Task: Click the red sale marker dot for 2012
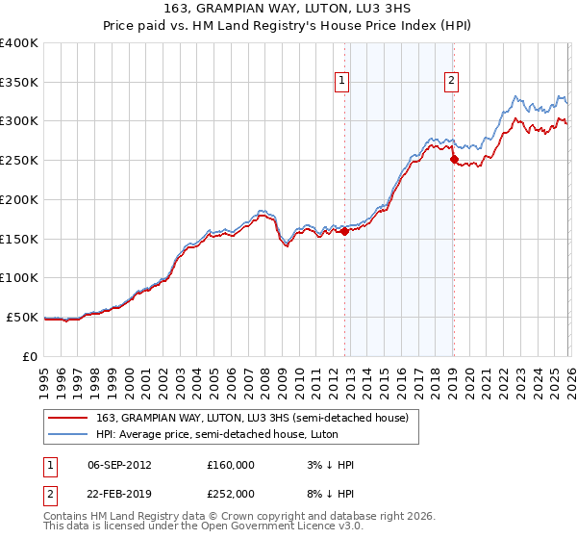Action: (x=344, y=231)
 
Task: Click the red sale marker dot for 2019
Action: (x=454, y=160)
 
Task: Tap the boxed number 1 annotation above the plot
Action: (x=342, y=82)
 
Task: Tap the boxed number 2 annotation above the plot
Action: (x=451, y=82)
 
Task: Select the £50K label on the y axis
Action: (x=22, y=317)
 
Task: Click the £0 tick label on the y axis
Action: (x=31, y=356)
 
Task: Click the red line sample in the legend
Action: (x=68, y=418)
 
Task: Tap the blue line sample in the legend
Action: (x=68, y=434)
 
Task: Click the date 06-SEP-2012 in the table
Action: (x=119, y=465)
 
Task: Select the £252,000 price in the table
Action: (x=231, y=494)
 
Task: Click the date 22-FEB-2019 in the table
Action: (x=119, y=494)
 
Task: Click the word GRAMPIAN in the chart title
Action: (x=231, y=10)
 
